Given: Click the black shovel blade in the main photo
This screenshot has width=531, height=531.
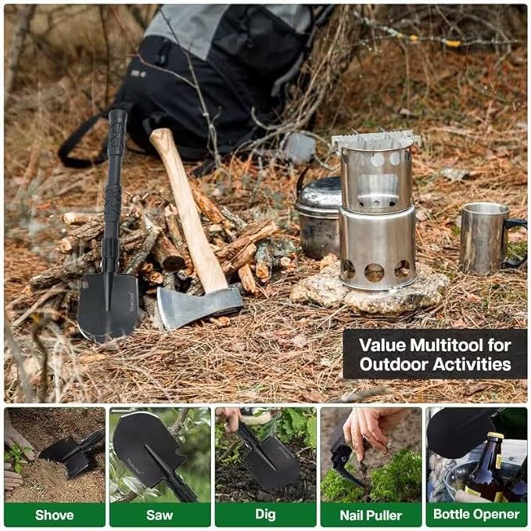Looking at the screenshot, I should [x=107, y=305].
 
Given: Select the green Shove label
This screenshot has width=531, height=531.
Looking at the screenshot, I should [x=54, y=514].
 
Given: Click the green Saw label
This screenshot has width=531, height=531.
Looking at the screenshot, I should [x=160, y=514].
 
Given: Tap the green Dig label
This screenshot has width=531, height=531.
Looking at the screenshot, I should [x=265, y=514].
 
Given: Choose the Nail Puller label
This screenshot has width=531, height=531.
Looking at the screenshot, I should [x=371, y=514].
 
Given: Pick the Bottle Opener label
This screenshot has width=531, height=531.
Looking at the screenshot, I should [x=476, y=514].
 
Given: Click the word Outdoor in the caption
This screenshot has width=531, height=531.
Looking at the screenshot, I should [x=394, y=364].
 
